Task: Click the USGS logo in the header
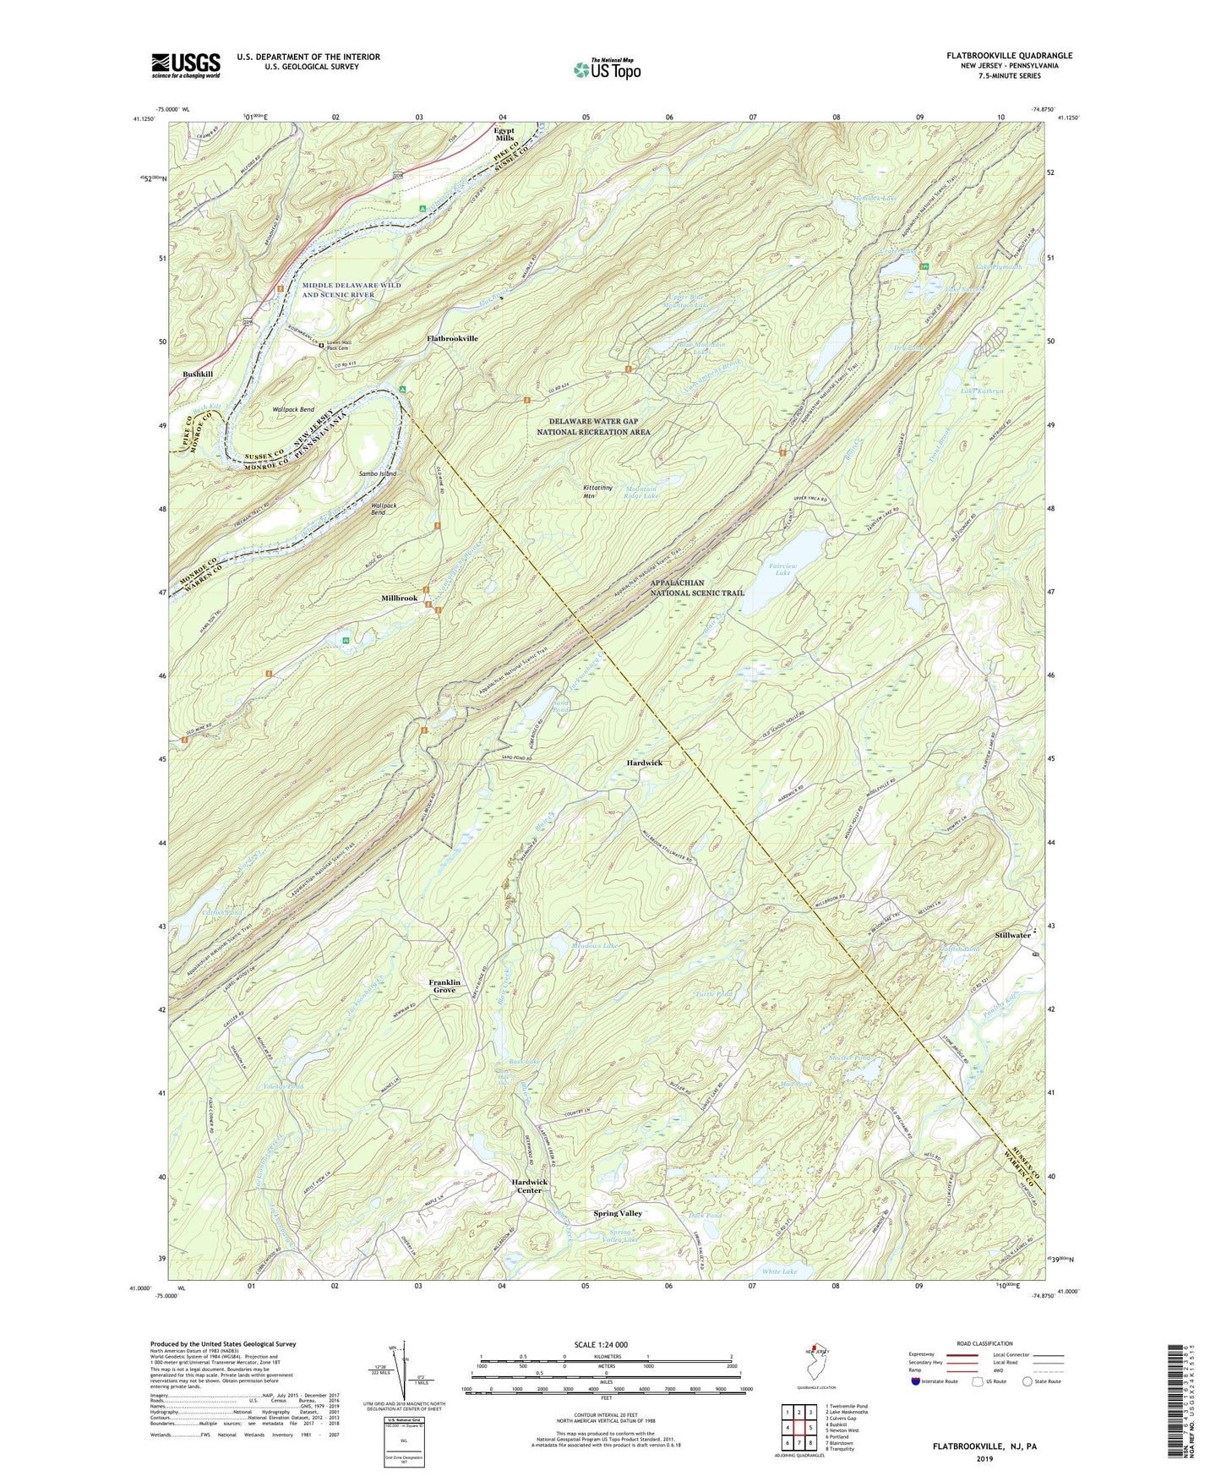click(x=186, y=65)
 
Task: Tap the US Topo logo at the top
click(x=606, y=69)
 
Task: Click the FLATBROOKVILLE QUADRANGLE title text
click(x=1009, y=56)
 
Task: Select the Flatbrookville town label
click(x=452, y=338)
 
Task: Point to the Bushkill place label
click(x=199, y=374)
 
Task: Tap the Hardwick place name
click(x=644, y=763)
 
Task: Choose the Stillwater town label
click(x=1012, y=935)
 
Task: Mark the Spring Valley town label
click(x=618, y=1213)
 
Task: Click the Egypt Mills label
click(x=504, y=134)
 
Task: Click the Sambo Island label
click(x=378, y=474)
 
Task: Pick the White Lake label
click(x=779, y=1271)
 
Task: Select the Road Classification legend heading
click(x=985, y=1343)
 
